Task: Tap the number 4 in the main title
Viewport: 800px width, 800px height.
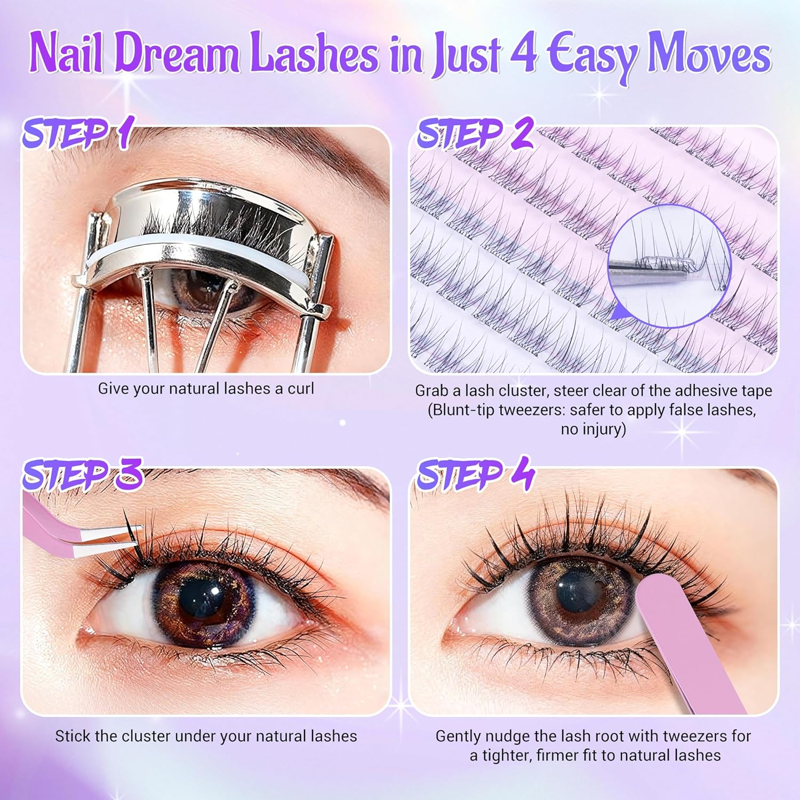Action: tap(523, 52)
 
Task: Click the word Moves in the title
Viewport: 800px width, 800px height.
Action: tap(709, 53)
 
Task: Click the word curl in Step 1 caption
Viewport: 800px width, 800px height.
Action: tap(301, 389)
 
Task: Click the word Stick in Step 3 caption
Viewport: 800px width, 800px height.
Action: tap(73, 737)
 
